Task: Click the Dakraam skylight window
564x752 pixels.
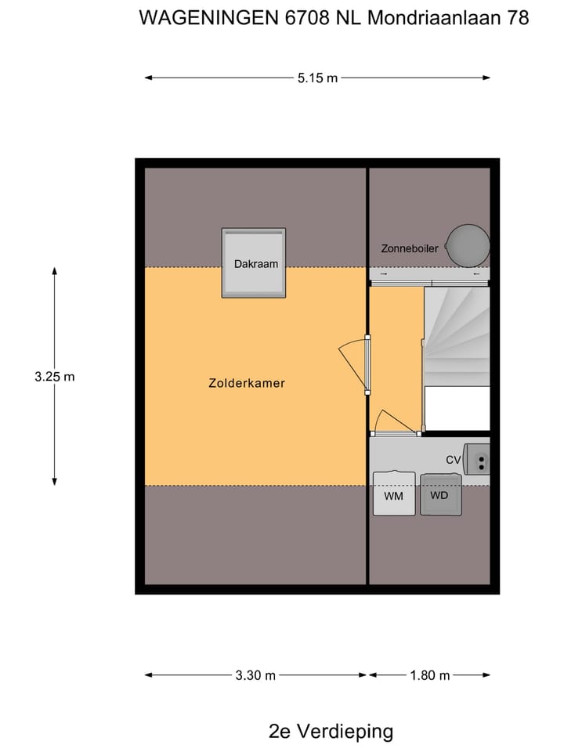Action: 254,263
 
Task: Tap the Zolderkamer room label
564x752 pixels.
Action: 247,383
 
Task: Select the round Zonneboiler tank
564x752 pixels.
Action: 468,244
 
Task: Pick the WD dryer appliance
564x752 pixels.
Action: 440,494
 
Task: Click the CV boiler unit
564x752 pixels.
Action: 476,459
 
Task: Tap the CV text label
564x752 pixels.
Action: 453,460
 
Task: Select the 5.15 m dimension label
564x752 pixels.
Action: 317,78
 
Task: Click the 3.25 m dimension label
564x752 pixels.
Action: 54,376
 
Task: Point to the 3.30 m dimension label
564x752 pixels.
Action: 255,675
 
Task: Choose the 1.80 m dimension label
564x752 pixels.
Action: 429,675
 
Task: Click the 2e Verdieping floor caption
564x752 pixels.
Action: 331,732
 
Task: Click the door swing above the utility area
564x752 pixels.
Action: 394,422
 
